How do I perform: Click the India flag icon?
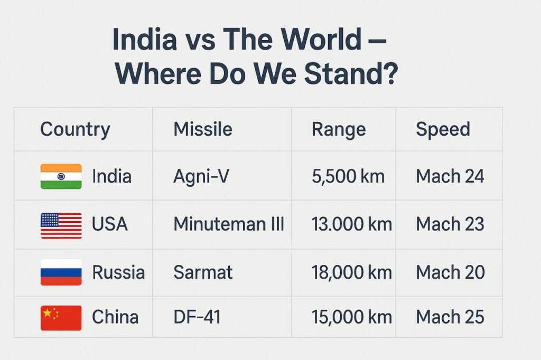coord(61,176)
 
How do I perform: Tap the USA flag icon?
coord(61,225)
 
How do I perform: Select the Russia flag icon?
coord(61,272)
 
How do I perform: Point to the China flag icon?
coord(61,318)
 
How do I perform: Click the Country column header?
coord(75,130)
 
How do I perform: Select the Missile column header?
coord(203,129)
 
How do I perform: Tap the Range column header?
coord(339,130)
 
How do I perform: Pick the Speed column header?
coord(443,130)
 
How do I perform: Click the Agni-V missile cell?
coord(201,176)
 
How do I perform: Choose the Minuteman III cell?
coord(229,224)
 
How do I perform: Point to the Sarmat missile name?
coord(203,272)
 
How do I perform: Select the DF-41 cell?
coord(197,317)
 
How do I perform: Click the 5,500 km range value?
coord(348,176)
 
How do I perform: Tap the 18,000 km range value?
coord(352,272)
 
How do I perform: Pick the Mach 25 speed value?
coord(450,317)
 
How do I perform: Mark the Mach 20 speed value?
coord(450,272)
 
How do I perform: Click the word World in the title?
coord(322,39)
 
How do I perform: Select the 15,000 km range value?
coord(352,317)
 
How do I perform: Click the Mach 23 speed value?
coord(450,224)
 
